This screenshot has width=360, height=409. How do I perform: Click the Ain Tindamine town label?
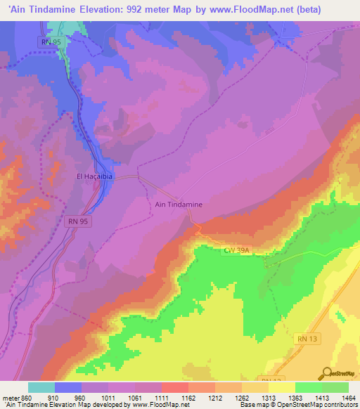tap(178, 204)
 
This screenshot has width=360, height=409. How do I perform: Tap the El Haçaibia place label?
tap(94, 177)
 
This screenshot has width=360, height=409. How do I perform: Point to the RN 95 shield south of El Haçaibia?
tap(79, 221)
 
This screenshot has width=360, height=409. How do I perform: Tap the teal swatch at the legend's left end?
tap(41, 387)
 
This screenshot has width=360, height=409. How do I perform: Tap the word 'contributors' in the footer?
tap(342, 405)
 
